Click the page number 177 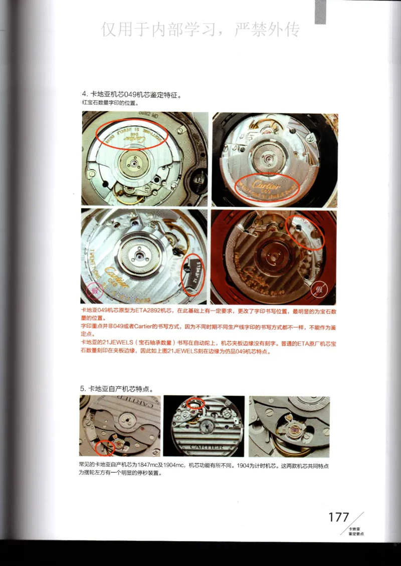click(x=338, y=517)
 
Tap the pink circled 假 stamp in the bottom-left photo click(x=92, y=291)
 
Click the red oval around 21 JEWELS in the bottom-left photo click(x=192, y=273)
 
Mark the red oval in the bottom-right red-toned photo click(x=305, y=232)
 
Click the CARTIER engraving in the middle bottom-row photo click(x=204, y=446)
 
